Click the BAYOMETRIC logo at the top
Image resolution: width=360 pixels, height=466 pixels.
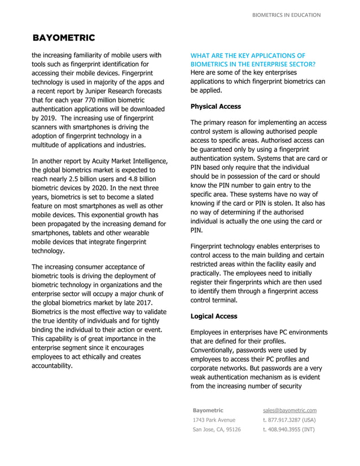click(x=64, y=38)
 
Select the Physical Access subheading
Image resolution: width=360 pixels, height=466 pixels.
click(x=216, y=107)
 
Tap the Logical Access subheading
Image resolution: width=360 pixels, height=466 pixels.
click(x=214, y=316)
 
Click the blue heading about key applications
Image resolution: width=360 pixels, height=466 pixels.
click(x=253, y=60)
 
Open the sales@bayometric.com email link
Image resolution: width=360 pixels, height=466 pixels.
click(x=289, y=410)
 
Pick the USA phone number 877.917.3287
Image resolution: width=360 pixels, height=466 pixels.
click(x=289, y=420)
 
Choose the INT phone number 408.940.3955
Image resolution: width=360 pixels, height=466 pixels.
click(x=289, y=429)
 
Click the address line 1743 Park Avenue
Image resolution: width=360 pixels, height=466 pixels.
click(x=214, y=420)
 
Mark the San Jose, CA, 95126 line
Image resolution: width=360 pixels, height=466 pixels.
click(x=217, y=429)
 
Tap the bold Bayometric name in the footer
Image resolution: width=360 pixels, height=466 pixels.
click(x=208, y=410)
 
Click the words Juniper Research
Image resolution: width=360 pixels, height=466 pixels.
click(x=104, y=91)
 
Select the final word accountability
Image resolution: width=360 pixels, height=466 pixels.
click(x=52, y=366)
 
